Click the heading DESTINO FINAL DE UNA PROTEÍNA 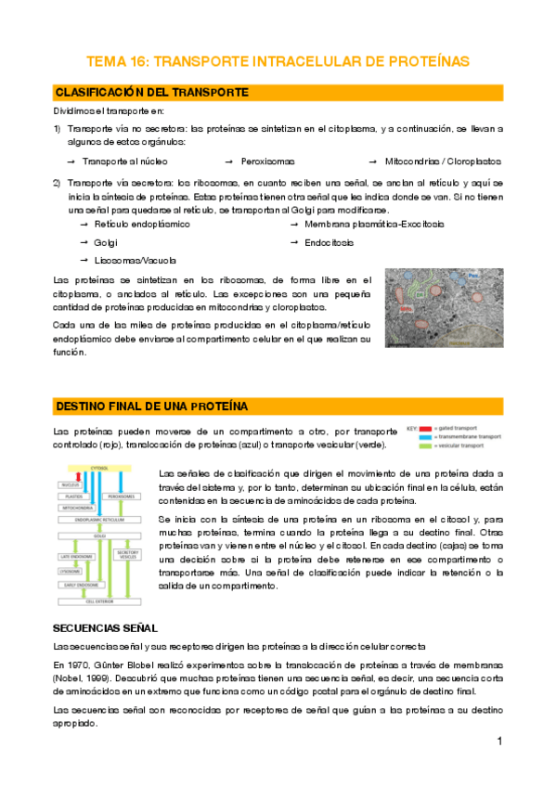[153, 406]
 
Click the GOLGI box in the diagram [100, 535]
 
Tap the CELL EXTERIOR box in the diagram [100, 601]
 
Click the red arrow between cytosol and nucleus [84, 478]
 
